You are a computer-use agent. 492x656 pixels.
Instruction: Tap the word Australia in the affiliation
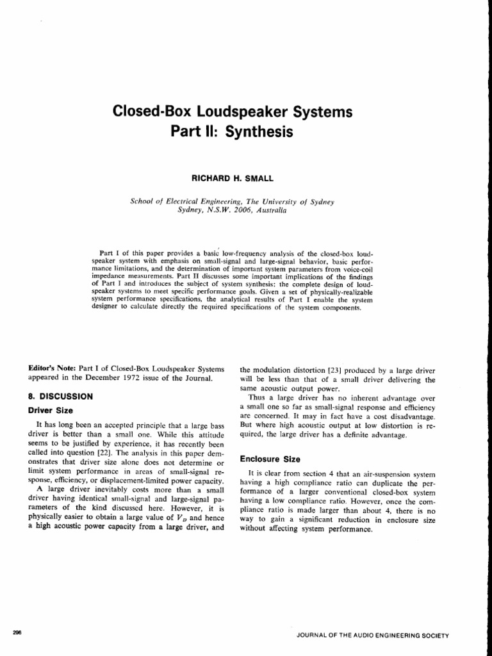[269, 209]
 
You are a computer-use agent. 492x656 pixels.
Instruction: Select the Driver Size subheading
[51, 410]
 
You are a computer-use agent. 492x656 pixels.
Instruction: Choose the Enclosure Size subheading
[270, 459]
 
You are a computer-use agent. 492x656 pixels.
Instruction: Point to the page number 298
[17, 632]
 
